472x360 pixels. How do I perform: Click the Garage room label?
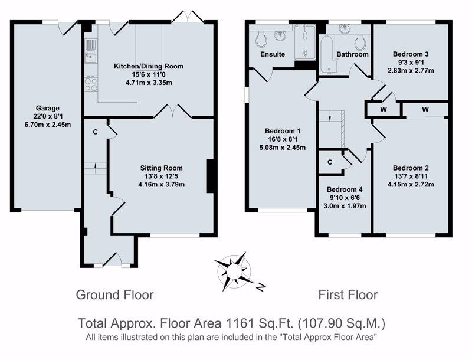pos(48,108)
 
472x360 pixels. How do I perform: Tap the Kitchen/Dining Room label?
pos(149,66)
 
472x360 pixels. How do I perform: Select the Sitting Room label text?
pos(161,168)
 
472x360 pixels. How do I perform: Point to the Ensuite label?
pos(273,54)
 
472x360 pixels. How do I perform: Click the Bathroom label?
pos(352,54)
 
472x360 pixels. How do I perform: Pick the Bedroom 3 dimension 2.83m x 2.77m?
pos(411,71)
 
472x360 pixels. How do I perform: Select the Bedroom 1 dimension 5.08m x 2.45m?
pos(283,148)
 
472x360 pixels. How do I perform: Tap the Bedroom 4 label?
pos(345,189)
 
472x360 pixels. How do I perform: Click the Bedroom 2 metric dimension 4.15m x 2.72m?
pos(411,184)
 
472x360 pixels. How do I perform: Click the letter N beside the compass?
pos(261,287)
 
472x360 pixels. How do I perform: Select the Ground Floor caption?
pos(114,294)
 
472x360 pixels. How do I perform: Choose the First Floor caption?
pos(348,294)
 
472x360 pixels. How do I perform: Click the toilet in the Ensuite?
pos(261,39)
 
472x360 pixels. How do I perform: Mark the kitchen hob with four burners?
pos(91,84)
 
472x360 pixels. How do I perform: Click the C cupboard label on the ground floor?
pos(95,132)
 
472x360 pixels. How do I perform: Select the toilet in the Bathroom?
pos(360,42)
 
